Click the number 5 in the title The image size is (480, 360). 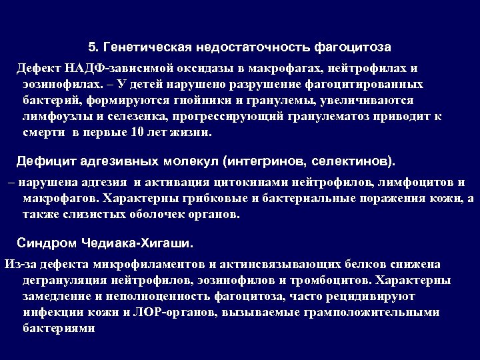click(x=92, y=47)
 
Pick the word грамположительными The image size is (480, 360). click(x=369, y=311)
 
